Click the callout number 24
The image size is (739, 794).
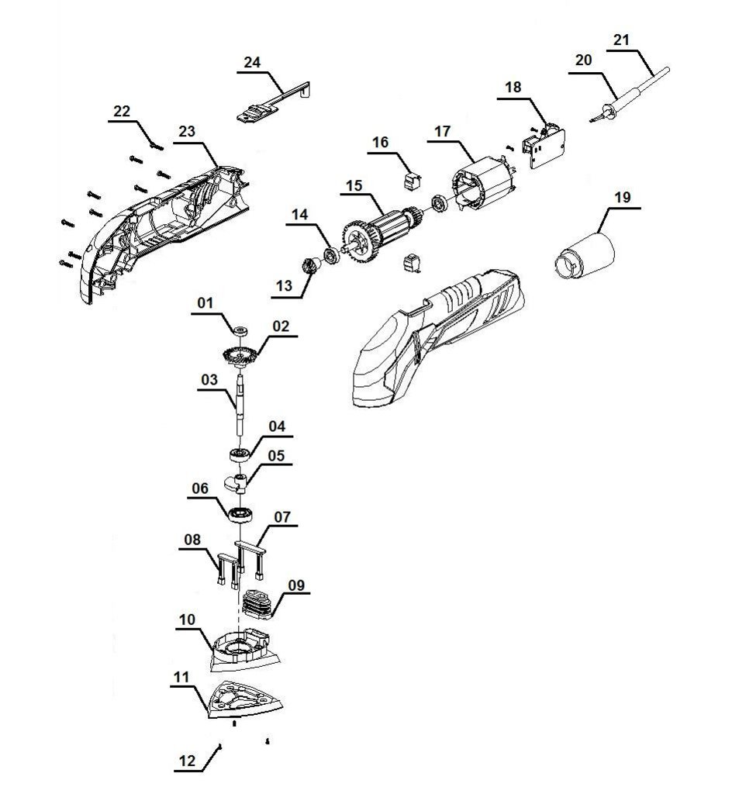[x=251, y=63]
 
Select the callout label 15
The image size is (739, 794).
[x=354, y=187]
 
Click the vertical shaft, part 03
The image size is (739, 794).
[x=240, y=403]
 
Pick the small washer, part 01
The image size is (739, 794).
[x=239, y=332]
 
